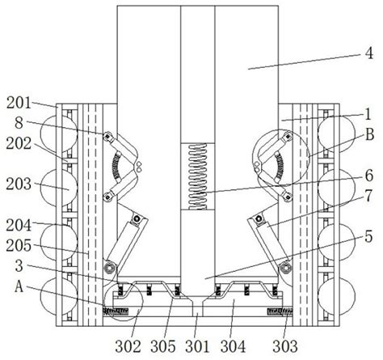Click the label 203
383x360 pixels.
(17, 184)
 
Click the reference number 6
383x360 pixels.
(368, 172)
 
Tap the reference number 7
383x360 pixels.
(368, 195)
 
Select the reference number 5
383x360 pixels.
(368, 235)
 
